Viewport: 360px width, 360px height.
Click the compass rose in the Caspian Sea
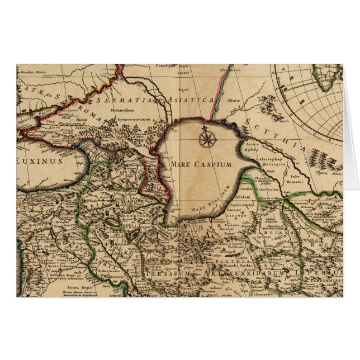coord(206,137)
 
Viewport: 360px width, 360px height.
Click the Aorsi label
coord(285,120)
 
